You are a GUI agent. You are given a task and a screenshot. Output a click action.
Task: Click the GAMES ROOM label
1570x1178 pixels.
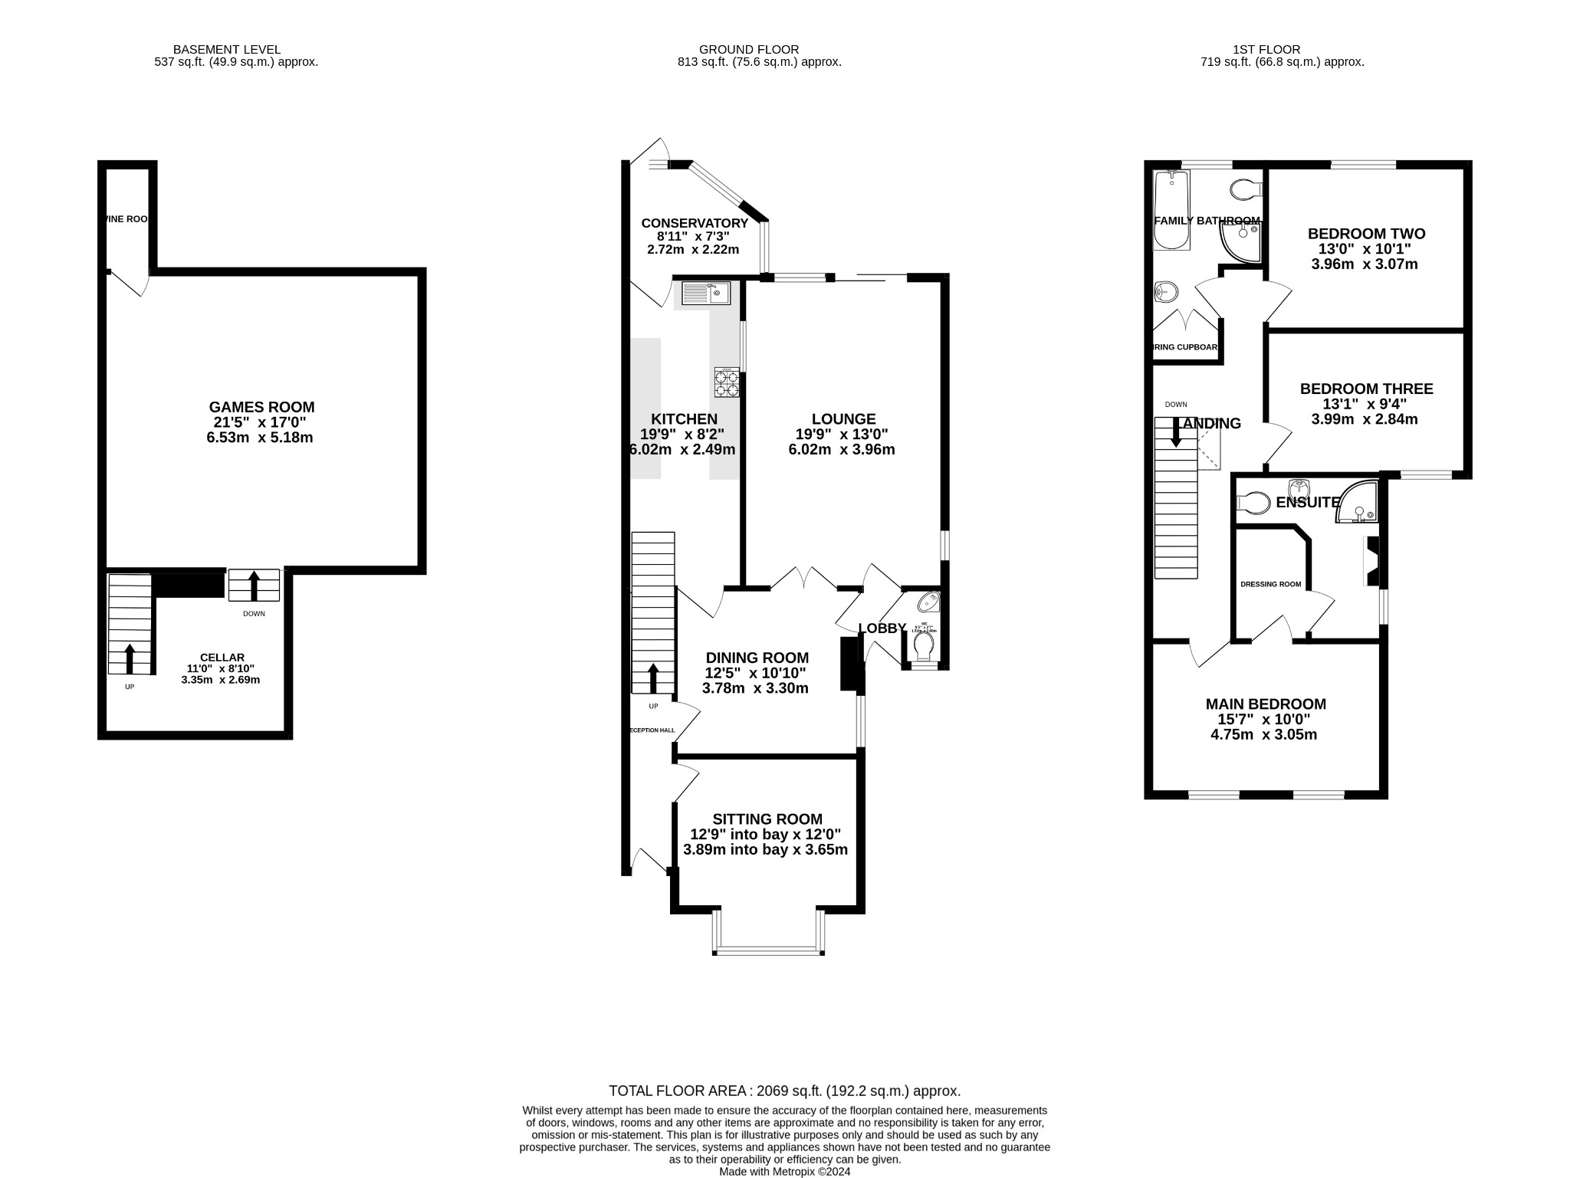click(x=261, y=407)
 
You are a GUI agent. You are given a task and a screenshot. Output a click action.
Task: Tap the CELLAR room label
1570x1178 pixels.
click(x=222, y=658)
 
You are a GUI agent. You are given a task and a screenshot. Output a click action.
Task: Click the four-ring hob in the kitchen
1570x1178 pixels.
click(x=727, y=382)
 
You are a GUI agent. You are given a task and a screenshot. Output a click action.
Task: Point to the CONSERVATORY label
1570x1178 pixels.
click(x=694, y=223)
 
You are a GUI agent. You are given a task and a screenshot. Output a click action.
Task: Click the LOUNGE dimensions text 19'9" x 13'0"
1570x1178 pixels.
click(x=842, y=435)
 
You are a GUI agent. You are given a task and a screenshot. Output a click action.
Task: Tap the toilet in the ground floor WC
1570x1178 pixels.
click(x=925, y=647)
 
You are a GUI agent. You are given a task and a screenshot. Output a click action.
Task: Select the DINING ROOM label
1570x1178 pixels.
click(x=757, y=658)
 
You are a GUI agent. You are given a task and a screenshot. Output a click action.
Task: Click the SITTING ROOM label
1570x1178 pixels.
click(x=767, y=819)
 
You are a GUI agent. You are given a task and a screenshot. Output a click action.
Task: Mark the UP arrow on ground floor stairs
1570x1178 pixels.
click(x=653, y=678)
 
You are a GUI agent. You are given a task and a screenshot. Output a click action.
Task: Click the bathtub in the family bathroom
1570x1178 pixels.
click(x=1171, y=210)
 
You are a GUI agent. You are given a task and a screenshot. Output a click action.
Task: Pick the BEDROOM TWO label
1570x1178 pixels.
click(x=1365, y=234)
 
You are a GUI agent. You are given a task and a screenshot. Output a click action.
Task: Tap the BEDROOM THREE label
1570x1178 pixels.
click(x=1365, y=389)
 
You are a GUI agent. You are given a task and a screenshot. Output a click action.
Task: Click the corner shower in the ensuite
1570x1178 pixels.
click(x=1358, y=504)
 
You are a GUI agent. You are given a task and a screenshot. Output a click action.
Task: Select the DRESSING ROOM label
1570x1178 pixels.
click(x=1270, y=584)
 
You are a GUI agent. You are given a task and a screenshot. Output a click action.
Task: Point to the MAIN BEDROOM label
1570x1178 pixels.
click(x=1265, y=704)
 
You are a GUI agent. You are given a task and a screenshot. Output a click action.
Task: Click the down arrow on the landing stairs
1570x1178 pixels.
click(x=1175, y=432)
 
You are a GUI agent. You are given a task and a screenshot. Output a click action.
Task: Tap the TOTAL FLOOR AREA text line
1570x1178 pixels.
click(x=784, y=1091)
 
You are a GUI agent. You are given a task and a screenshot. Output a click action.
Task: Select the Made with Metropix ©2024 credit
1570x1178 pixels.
click(x=784, y=1172)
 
